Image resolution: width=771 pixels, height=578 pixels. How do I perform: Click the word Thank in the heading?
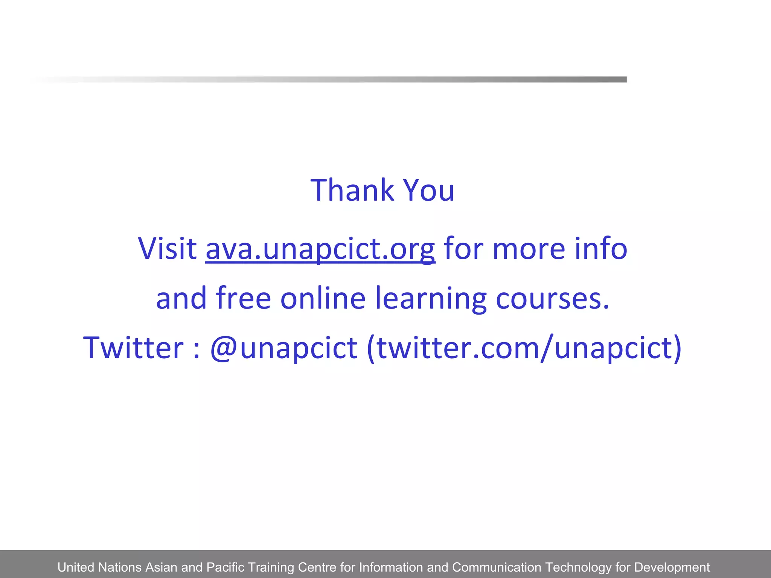[352, 190]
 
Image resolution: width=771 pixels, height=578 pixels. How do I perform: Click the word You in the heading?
[429, 190]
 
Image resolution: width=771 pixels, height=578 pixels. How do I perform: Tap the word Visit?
[167, 249]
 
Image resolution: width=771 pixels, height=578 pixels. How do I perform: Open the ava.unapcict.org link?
[320, 249]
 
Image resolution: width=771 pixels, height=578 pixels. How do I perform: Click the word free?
[243, 298]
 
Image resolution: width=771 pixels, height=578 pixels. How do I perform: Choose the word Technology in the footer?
[578, 567]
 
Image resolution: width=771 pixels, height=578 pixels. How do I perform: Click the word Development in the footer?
[672, 567]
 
